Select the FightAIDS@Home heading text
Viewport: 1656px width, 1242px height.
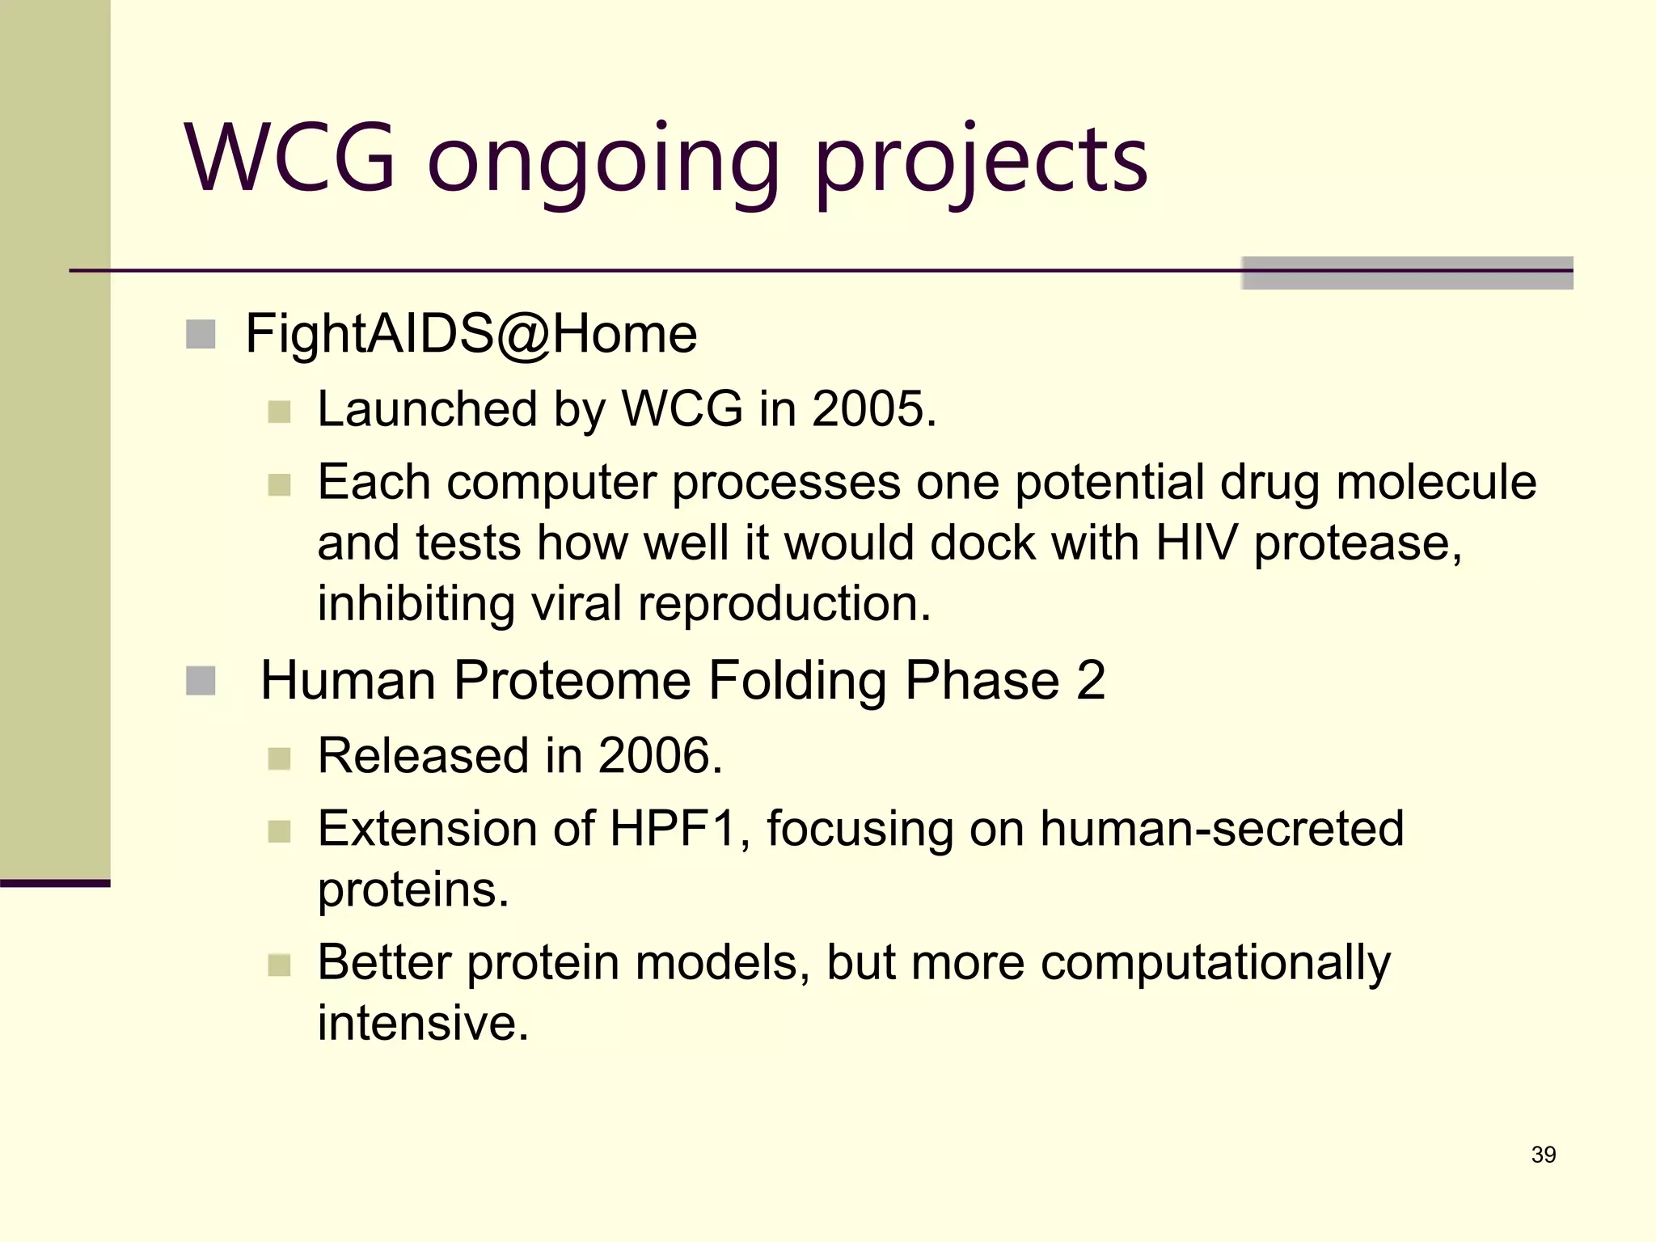click(471, 333)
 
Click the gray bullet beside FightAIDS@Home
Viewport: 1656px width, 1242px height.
click(201, 334)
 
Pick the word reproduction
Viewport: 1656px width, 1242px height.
click(784, 603)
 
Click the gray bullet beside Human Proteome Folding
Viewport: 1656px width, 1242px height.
click(201, 680)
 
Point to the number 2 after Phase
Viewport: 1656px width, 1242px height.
click(1091, 680)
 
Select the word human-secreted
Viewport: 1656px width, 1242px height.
click(1221, 828)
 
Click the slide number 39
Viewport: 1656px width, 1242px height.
click(1543, 1155)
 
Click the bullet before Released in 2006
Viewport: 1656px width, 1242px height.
click(279, 758)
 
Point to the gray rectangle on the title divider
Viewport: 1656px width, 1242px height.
click(1407, 272)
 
